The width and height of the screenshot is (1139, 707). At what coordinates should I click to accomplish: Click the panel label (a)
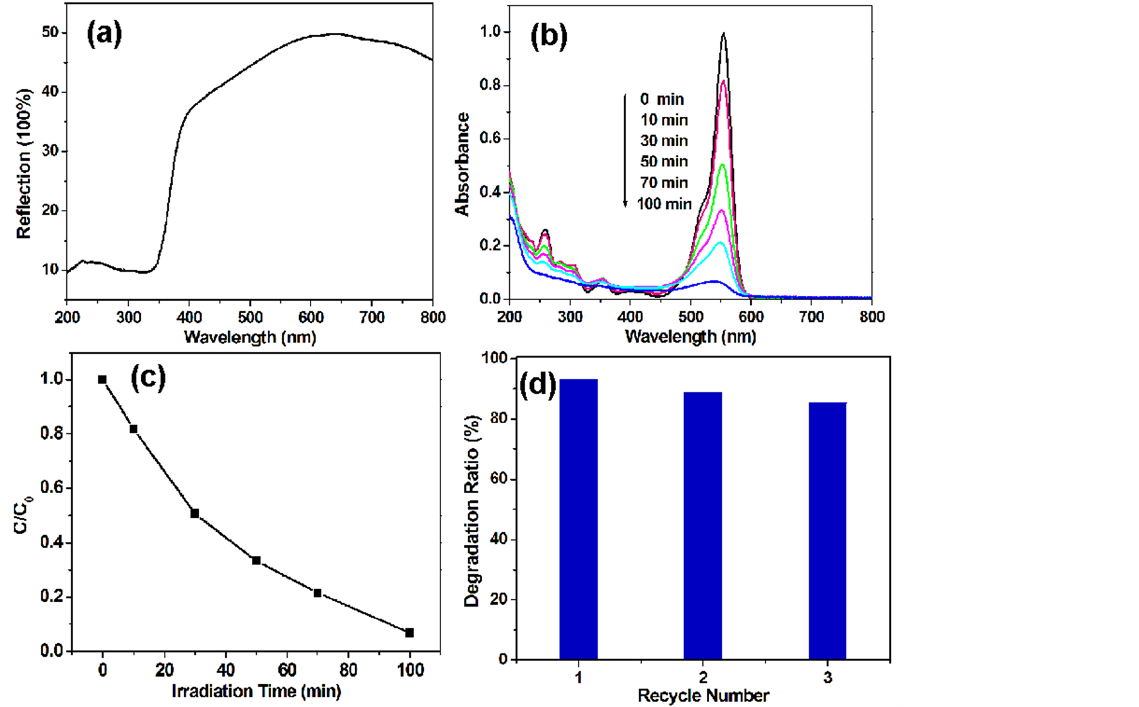click(104, 33)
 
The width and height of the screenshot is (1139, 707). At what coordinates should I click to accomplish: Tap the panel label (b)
click(548, 37)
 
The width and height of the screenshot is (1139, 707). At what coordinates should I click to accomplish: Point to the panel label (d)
click(537, 385)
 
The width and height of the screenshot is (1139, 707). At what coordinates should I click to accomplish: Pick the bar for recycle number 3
click(827, 530)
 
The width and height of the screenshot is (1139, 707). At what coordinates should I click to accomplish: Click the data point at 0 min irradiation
click(102, 380)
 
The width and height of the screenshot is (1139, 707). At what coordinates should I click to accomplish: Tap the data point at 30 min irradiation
click(195, 513)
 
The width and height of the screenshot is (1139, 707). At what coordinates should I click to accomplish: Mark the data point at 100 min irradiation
click(410, 633)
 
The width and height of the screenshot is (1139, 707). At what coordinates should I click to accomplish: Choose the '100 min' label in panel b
click(664, 204)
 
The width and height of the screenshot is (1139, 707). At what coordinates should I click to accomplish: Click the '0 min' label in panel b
click(662, 99)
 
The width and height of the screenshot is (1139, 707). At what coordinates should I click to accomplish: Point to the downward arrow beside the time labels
click(625, 151)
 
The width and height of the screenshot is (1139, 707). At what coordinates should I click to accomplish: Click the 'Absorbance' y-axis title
click(463, 164)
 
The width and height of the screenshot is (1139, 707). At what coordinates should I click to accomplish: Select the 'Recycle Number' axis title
click(703, 696)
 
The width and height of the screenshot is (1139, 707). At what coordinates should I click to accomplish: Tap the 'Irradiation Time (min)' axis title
click(256, 691)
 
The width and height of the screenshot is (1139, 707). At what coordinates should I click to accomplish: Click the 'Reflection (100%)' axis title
click(24, 164)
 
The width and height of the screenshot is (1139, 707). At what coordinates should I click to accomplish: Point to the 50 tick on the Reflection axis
click(50, 32)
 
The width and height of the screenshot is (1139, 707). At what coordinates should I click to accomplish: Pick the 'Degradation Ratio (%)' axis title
click(471, 511)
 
